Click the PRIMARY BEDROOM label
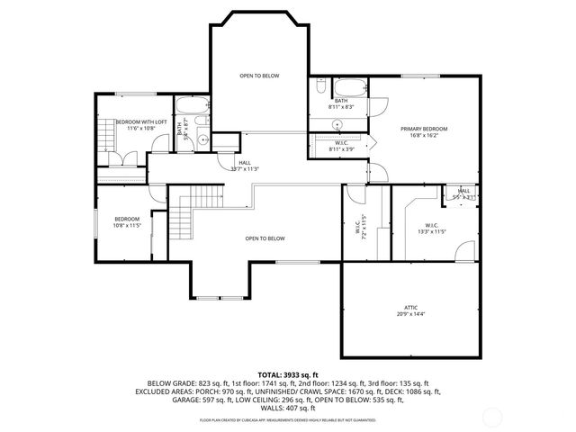pos(424,129)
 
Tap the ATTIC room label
pos(410,308)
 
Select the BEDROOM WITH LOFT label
pos(135,122)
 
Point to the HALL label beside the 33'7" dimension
pos(244,163)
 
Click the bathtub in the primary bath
pos(349,88)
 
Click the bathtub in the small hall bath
pos(193,106)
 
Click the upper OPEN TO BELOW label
pos(259,76)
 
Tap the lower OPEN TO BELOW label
pos(265,238)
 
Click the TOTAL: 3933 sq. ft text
pos(288,373)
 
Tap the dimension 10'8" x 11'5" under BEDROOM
pos(127,225)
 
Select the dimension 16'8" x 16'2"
pos(424,135)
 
